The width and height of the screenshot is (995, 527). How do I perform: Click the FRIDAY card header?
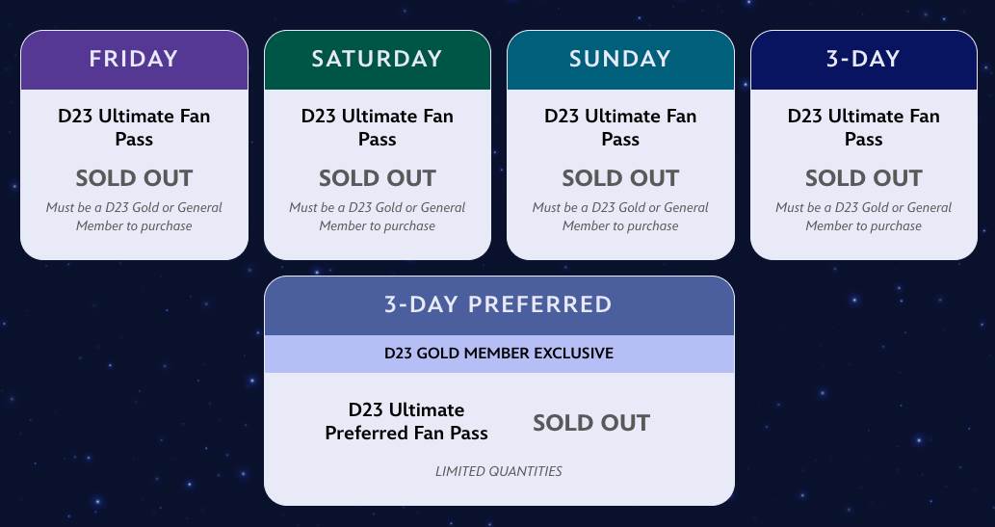(x=134, y=59)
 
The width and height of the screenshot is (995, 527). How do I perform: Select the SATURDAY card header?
(x=377, y=59)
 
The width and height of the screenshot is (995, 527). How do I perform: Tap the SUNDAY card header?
(x=620, y=59)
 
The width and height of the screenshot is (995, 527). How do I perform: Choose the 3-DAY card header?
(x=863, y=59)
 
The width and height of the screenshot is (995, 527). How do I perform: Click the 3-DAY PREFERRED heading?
(x=498, y=304)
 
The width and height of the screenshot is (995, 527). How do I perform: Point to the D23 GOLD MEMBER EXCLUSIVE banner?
(x=498, y=353)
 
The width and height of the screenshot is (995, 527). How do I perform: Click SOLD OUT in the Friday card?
(x=134, y=178)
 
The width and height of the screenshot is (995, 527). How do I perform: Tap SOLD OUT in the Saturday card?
(x=377, y=178)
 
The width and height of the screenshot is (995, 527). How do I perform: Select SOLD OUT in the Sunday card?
(x=620, y=178)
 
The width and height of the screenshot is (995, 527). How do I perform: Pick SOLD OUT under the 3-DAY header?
(x=863, y=178)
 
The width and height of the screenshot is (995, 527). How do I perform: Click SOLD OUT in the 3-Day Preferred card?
(x=591, y=423)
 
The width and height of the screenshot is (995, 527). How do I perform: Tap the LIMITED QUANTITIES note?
(x=498, y=471)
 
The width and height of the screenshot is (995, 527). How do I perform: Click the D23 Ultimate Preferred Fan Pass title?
(x=406, y=422)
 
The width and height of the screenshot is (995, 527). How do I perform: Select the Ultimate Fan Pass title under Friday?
(x=134, y=127)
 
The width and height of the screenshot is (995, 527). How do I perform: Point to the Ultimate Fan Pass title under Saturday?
(x=377, y=127)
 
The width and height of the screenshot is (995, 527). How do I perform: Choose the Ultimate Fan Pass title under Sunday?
(x=620, y=127)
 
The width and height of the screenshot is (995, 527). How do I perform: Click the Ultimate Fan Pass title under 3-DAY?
(x=863, y=127)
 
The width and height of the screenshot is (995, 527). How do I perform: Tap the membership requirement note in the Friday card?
(x=134, y=217)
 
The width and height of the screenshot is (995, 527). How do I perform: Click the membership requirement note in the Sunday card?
(x=620, y=217)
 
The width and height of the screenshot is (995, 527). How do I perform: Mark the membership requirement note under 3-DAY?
(x=863, y=217)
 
